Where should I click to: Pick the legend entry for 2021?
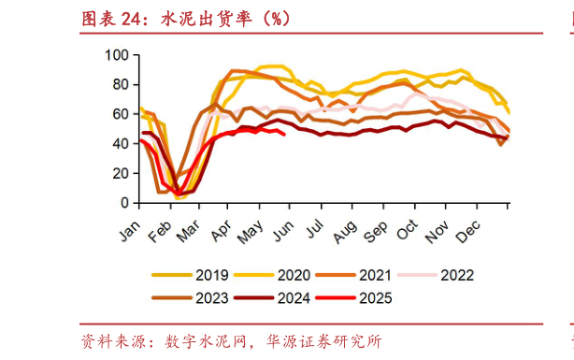374,275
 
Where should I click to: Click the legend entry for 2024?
293,298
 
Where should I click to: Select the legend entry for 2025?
373,298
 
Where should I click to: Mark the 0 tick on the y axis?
122,202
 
